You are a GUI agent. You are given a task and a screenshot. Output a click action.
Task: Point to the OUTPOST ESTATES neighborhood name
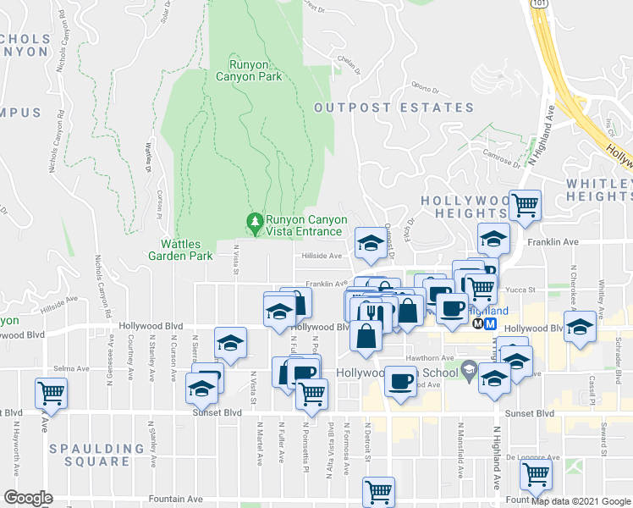coord(394,108)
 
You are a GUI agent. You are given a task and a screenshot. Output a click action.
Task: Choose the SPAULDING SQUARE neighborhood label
coord(96,455)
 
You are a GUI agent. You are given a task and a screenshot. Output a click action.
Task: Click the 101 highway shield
coord(539,4)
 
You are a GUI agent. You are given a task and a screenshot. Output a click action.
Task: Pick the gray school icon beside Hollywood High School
coord(470,369)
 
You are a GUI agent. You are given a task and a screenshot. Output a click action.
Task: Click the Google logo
coord(28,498)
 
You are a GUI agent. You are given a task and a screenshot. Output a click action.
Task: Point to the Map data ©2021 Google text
coord(580,500)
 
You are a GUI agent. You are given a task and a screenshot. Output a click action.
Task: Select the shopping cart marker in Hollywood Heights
coord(526,205)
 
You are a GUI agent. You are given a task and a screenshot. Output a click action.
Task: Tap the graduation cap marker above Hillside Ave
coord(369,241)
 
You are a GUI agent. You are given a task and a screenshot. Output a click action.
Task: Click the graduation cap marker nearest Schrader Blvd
coord(580,327)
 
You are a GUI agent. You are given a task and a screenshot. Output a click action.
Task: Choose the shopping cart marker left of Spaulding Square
coord(51,392)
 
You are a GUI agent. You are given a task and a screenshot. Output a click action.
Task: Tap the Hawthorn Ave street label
coord(427,357)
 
